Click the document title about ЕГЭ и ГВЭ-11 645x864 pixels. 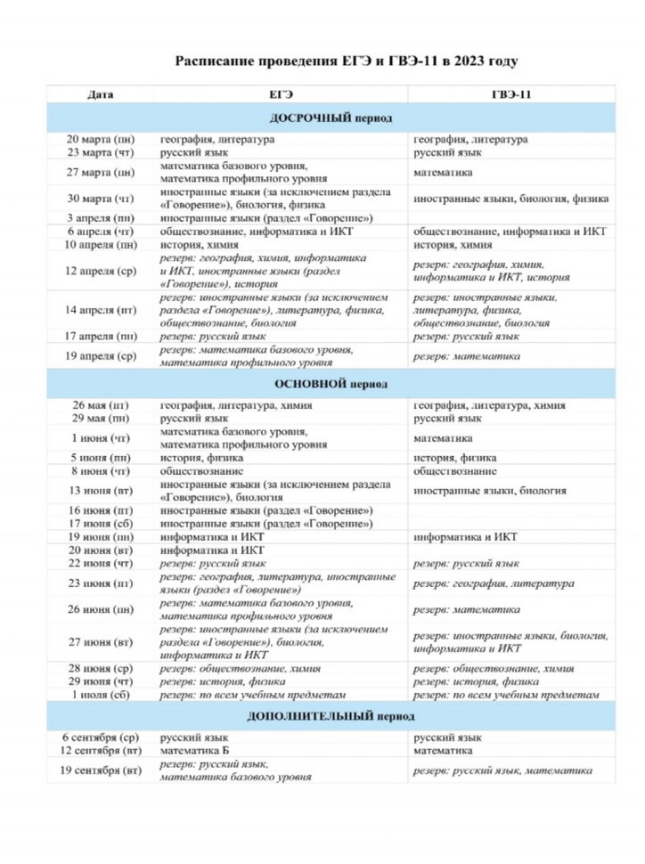click(x=346, y=61)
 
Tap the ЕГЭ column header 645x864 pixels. click(x=281, y=94)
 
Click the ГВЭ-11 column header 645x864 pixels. click(x=511, y=94)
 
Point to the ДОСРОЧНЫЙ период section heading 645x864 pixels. click(x=331, y=118)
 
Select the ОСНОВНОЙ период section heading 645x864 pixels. click(x=331, y=384)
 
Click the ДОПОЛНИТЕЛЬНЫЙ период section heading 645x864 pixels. click(x=331, y=716)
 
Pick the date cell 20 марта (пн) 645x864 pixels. click(x=102, y=140)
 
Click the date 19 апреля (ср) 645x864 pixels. click(x=101, y=356)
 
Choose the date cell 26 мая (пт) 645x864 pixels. click(x=101, y=405)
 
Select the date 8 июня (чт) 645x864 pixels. click(x=101, y=471)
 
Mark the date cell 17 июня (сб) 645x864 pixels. click(x=101, y=523)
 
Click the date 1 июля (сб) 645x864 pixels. click(x=101, y=694)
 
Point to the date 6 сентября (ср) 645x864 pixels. click(x=101, y=738)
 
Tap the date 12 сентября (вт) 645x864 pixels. click(x=101, y=751)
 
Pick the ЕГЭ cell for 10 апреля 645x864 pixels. click(x=200, y=244)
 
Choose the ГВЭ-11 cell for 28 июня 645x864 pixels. click(x=494, y=669)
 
